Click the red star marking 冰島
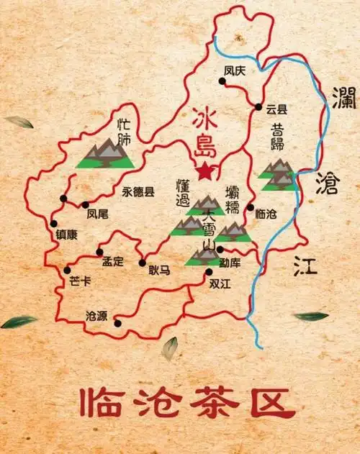(207, 171)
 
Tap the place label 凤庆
(235, 71)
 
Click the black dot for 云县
(258, 107)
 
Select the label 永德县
(138, 192)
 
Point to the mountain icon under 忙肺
(105, 154)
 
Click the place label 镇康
(66, 235)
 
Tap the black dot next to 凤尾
(86, 204)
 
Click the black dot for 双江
(209, 271)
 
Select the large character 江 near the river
(305, 267)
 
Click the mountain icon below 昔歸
(277, 176)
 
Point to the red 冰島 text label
(204, 132)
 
